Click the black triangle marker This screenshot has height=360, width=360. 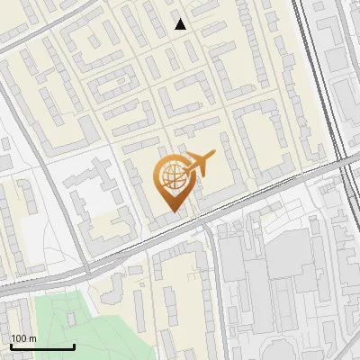point(181,24)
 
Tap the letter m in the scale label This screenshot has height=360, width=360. point(31,338)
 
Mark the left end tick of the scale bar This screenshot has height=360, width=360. point(11,346)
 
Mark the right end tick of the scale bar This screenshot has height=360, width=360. point(74,346)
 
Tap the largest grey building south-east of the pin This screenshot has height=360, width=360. point(270,270)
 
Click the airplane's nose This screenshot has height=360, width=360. point(214,155)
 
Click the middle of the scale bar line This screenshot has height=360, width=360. point(42,346)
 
